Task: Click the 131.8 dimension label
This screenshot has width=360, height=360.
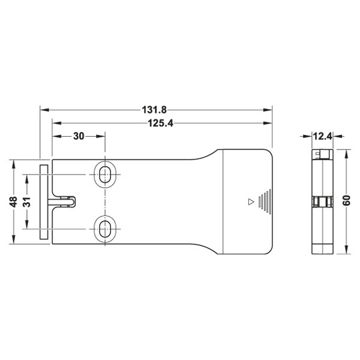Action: click(x=154, y=110)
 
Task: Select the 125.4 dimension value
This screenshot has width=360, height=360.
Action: click(x=160, y=123)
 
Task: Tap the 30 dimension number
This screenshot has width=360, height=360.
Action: click(x=79, y=136)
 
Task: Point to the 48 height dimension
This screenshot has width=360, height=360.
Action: click(x=14, y=202)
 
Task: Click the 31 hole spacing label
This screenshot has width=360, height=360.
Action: click(x=27, y=202)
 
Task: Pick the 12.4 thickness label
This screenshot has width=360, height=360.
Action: click(x=322, y=136)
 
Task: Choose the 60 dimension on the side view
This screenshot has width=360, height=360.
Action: click(x=346, y=200)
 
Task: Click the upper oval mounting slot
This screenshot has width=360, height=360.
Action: click(x=105, y=175)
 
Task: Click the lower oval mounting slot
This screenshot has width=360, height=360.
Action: click(x=105, y=229)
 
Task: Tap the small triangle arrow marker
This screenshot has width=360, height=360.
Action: click(x=251, y=202)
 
